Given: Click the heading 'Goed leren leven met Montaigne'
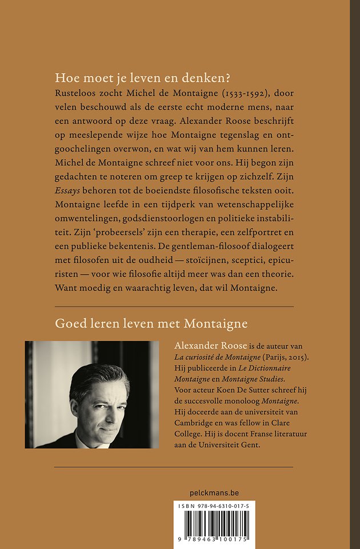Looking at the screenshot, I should coord(151,324).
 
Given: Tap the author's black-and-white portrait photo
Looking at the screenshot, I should coord(92,395).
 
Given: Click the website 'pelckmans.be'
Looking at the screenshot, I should coord(214,492).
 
